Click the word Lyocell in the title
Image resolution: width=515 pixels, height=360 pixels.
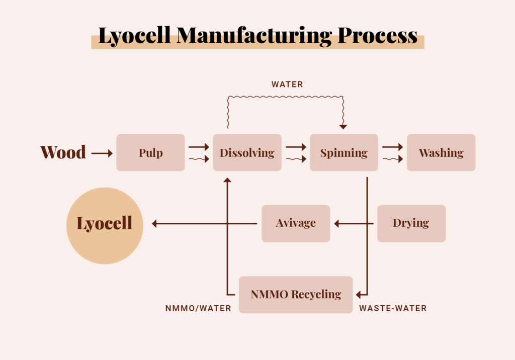tap(133, 36)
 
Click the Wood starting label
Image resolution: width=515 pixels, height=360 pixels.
tap(63, 152)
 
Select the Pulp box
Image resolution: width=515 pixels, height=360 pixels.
tap(150, 153)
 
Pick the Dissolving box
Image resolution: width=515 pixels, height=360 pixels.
tap(247, 153)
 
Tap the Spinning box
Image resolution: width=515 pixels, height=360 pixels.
tap(344, 153)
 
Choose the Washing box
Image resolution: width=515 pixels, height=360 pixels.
tap(441, 153)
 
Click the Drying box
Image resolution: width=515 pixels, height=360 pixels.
tap(411, 223)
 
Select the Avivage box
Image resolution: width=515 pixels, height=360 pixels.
tap(296, 223)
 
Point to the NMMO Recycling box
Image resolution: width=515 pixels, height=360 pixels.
tap(296, 295)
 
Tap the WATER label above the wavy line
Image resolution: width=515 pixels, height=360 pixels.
tap(287, 84)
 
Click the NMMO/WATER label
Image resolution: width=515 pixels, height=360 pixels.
tap(198, 308)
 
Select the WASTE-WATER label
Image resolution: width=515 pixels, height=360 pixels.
tap(393, 308)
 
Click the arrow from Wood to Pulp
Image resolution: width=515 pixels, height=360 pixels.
tap(102, 153)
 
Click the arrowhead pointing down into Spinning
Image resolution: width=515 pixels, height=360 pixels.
tap(343, 127)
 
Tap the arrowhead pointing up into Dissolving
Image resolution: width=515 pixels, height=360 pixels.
tap(227, 179)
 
